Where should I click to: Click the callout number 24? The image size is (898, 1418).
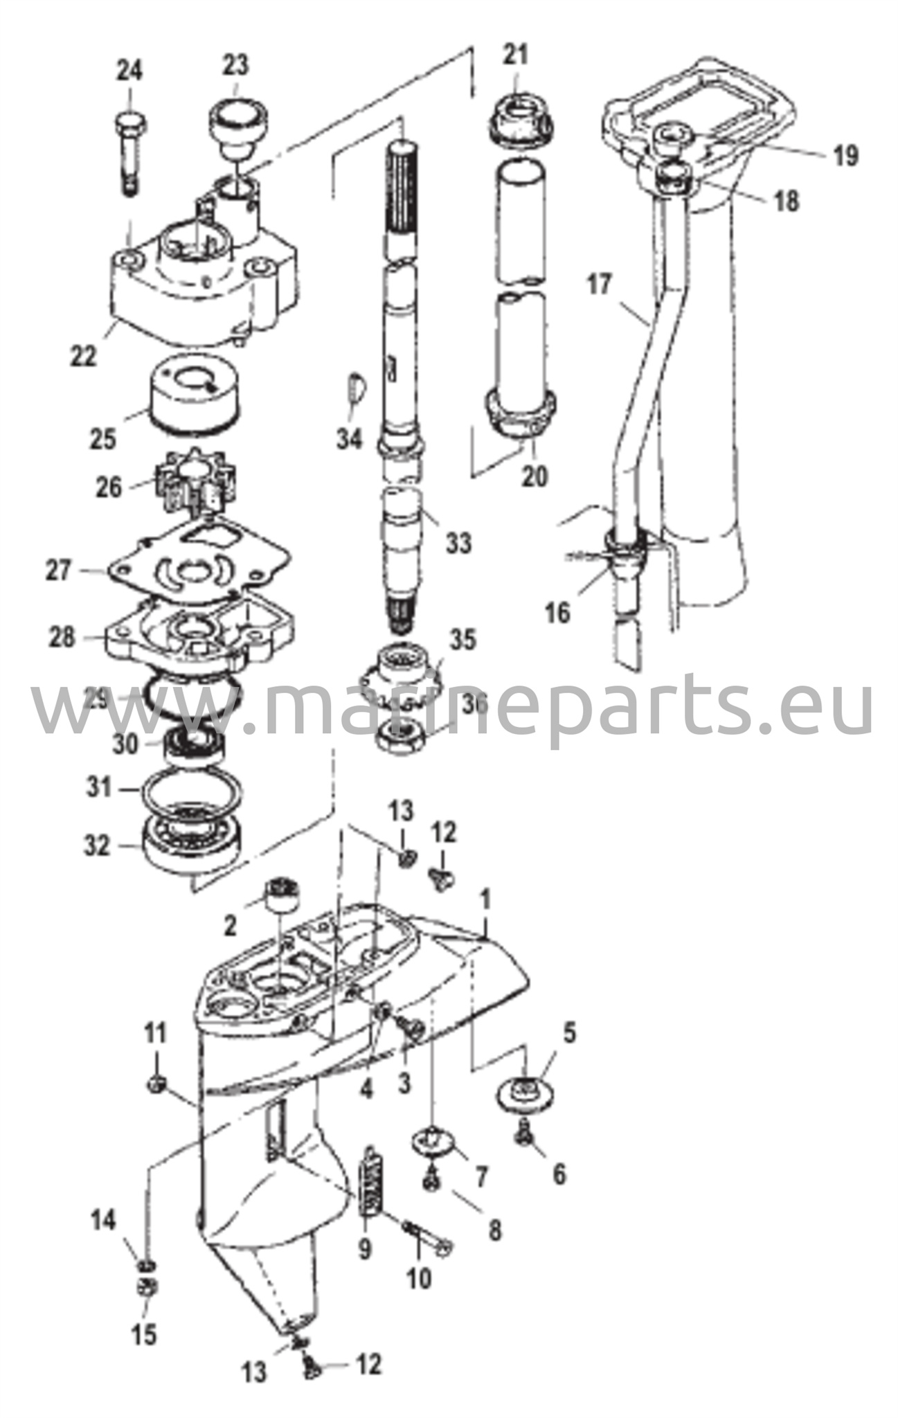point(129,70)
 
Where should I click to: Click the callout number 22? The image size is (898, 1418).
point(83,355)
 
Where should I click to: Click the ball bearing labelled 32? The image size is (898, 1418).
point(194,843)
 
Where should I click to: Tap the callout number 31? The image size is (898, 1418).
point(100,787)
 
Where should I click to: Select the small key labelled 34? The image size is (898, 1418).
point(357,391)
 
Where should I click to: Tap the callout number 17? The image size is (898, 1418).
point(600,286)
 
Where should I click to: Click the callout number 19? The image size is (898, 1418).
point(843,156)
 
